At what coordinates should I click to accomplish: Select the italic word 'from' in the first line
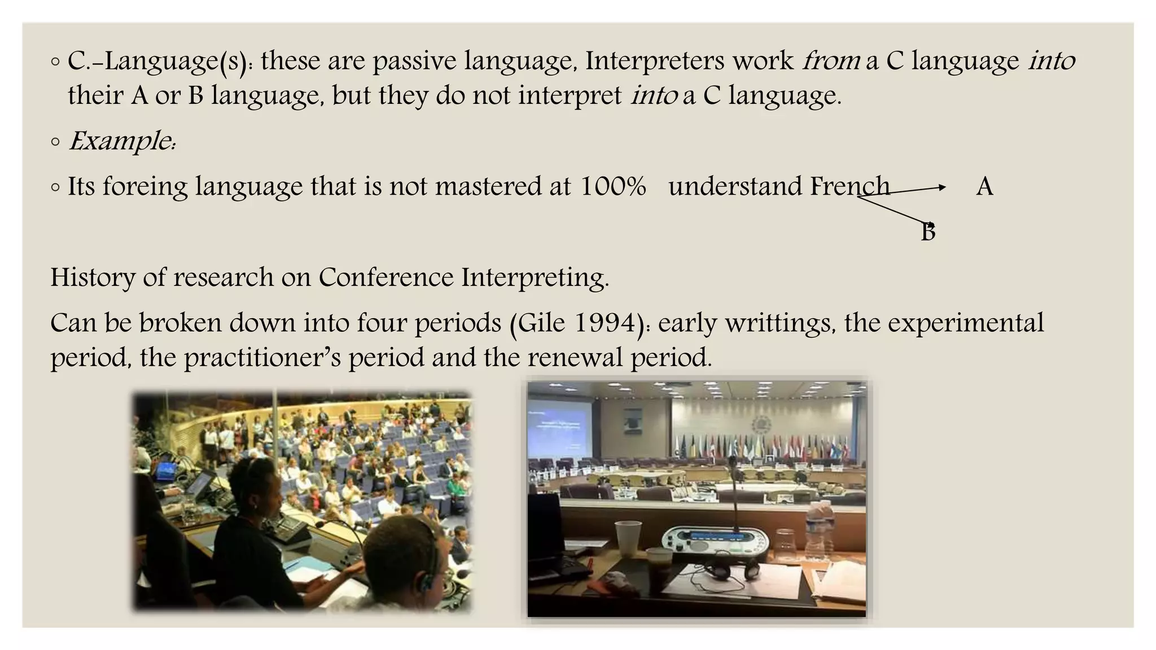point(831,61)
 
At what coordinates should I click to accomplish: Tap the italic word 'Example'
point(120,140)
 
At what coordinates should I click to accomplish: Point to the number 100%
point(613,186)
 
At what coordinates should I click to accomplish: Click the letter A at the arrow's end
point(984,187)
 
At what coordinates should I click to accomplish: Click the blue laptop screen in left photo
point(167,471)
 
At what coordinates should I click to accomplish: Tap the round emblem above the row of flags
point(760,424)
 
